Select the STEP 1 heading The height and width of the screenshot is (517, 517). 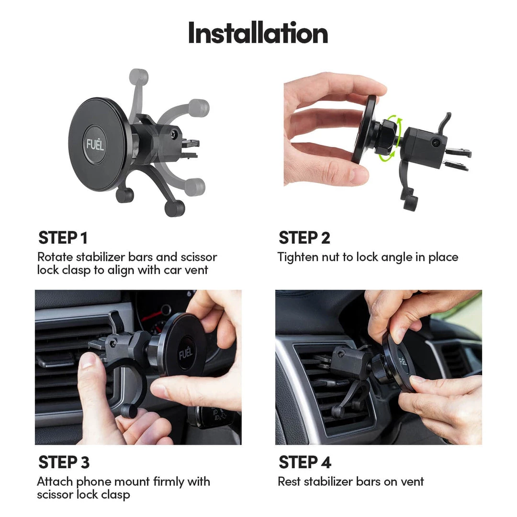coord(63,237)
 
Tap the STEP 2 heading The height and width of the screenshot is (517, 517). coord(304,237)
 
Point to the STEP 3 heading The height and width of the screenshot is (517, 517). coord(64,462)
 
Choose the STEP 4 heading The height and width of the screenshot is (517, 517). coord(304,462)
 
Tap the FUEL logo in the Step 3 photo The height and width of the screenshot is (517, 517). coord(186,353)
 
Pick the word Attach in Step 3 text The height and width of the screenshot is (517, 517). coord(54,482)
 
